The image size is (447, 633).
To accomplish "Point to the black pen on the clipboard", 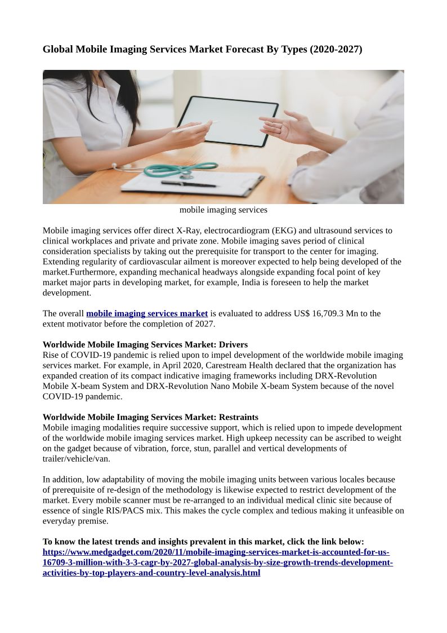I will (x=189, y=183).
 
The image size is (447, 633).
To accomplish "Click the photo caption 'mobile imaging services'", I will (x=223, y=210).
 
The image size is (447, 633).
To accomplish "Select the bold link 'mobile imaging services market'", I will (x=147, y=313).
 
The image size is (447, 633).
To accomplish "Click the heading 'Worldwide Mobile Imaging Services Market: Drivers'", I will (x=145, y=344).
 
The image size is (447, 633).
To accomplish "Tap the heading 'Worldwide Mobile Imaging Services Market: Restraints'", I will (x=150, y=417).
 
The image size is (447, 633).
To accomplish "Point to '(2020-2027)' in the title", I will (x=336, y=50).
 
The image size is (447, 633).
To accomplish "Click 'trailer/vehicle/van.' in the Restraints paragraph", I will (x=77, y=459).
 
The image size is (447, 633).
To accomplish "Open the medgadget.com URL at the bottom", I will (x=217, y=563).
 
